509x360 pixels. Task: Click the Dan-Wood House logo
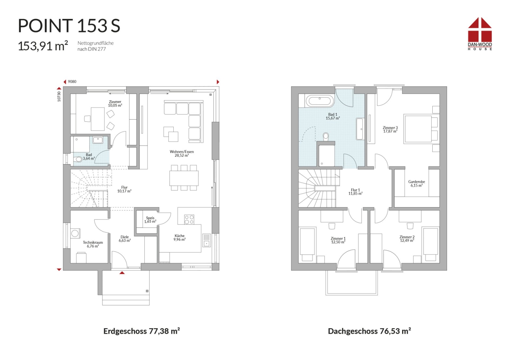click(480, 34)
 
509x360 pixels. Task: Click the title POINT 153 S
click(69, 26)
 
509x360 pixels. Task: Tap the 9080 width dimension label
click(72, 82)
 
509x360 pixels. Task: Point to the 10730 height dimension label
click(59, 96)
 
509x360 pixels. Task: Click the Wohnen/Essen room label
click(182, 154)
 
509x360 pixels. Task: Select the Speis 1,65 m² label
click(150, 220)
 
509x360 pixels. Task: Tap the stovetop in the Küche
click(189, 219)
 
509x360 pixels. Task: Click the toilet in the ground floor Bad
click(78, 159)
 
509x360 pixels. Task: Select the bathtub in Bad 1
click(320, 101)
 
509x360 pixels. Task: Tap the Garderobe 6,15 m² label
click(416, 183)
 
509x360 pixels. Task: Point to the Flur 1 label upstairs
click(355, 192)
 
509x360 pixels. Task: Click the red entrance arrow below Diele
click(122, 273)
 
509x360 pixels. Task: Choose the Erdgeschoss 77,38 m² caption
click(142, 331)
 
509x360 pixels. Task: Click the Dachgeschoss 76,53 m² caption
click(369, 331)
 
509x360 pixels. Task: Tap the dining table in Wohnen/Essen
click(184, 178)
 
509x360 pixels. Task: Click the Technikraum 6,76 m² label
click(93, 244)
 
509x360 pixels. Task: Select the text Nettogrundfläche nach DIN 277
click(95, 46)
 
